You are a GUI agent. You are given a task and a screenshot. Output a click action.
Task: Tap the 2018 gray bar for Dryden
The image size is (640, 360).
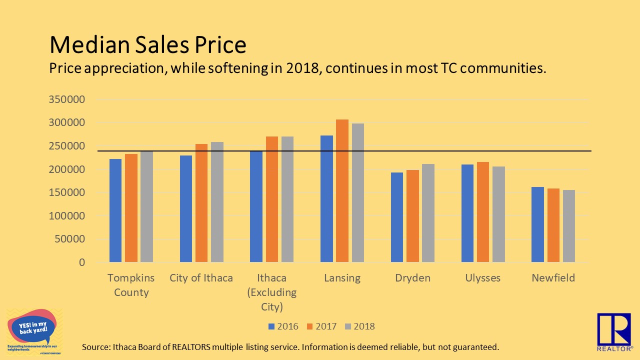point(428,213)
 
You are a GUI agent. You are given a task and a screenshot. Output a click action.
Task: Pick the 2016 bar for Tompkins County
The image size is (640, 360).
point(115,210)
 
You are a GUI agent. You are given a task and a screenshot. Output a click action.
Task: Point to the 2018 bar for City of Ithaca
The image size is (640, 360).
point(217,202)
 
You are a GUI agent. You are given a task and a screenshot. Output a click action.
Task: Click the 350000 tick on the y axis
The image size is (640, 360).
point(66,99)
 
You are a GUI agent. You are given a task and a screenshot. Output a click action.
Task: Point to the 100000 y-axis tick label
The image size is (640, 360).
point(66,216)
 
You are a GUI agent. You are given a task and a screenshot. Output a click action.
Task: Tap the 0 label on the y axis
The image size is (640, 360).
point(81,262)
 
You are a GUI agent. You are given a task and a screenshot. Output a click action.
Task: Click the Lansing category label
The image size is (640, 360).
point(342,278)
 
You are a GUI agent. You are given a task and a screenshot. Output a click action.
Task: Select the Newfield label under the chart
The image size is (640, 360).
point(553,278)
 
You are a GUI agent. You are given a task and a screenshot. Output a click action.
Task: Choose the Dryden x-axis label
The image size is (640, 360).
point(412,278)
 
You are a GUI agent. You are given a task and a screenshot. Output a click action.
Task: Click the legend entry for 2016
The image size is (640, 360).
point(283,326)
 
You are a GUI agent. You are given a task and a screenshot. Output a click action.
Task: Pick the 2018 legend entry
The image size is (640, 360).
point(359,326)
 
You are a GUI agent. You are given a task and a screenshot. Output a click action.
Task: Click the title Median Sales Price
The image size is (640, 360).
point(147,45)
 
